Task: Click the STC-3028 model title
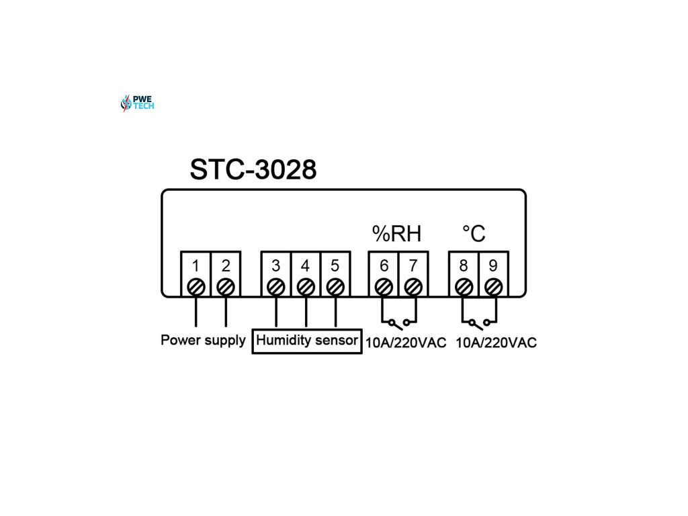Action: (x=253, y=169)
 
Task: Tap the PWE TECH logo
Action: (x=137, y=103)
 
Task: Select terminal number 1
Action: (x=196, y=266)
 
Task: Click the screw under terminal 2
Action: (x=226, y=287)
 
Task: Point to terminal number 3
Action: (x=275, y=266)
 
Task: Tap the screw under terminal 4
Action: (x=306, y=287)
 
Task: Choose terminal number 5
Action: (x=335, y=266)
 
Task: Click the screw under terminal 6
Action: (x=384, y=287)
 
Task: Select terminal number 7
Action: (x=413, y=266)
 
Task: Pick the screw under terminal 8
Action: (x=464, y=287)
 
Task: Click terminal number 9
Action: (x=493, y=266)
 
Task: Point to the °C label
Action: (x=474, y=234)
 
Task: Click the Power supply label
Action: (x=203, y=340)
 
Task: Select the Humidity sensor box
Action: (x=307, y=341)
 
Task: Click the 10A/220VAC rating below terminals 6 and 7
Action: (x=406, y=343)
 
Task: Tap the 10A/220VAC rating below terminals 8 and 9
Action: (x=497, y=343)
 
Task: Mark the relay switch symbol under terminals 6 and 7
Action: (x=398, y=322)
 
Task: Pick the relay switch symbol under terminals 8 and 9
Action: (x=478, y=322)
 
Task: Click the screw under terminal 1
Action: (x=196, y=287)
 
